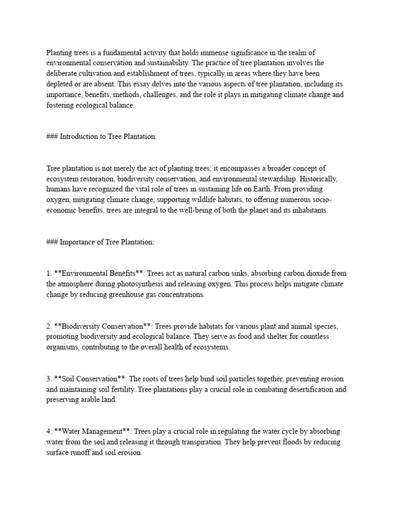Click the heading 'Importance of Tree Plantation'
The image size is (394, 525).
click(107, 242)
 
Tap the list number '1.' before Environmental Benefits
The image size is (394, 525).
click(49, 273)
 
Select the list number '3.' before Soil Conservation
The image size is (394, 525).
click(49, 379)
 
